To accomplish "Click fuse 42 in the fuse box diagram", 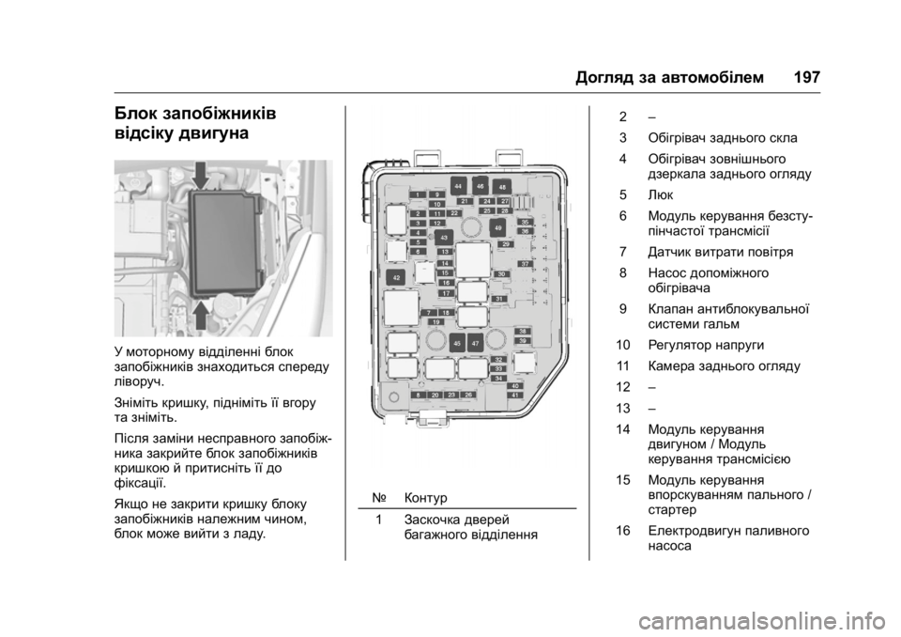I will [x=396, y=278].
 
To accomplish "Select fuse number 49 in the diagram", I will [x=497, y=228].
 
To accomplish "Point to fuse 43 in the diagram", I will [x=444, y=239].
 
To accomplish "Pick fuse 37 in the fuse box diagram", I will [x=526, y=265].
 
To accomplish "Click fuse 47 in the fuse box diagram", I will [x=477, y=344].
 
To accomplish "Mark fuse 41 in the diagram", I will [x=515, y=395].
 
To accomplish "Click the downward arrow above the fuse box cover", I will [x=201, y=175].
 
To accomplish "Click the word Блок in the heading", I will [x=137, y=115].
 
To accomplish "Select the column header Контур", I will [x=427, y=496].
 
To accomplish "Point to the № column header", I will [x=377, y=496].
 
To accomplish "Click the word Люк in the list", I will [x=659, y=195].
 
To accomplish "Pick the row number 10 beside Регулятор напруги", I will [x=623, y=344].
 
